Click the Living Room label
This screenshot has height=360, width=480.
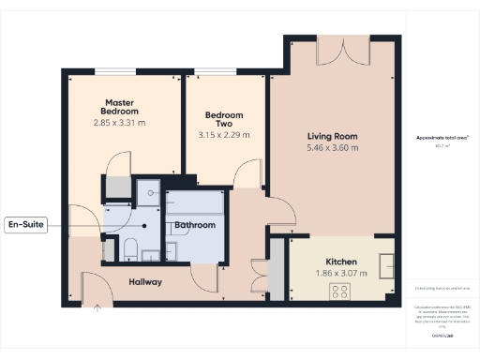tap(333, 136)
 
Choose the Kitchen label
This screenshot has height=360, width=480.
tap(342, 262)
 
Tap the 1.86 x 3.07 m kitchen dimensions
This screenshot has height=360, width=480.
tap(342, 273)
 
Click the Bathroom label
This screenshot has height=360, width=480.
tap(195, 225)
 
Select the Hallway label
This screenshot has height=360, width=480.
tap(145, 282)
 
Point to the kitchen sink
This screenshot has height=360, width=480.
tap(385, 265)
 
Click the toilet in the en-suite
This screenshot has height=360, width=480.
tap(131, 248)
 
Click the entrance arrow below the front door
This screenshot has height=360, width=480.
tap(97, 310)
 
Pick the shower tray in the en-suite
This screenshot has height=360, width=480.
tap(147, 192)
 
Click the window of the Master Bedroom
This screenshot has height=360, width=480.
tap(121, 71)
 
